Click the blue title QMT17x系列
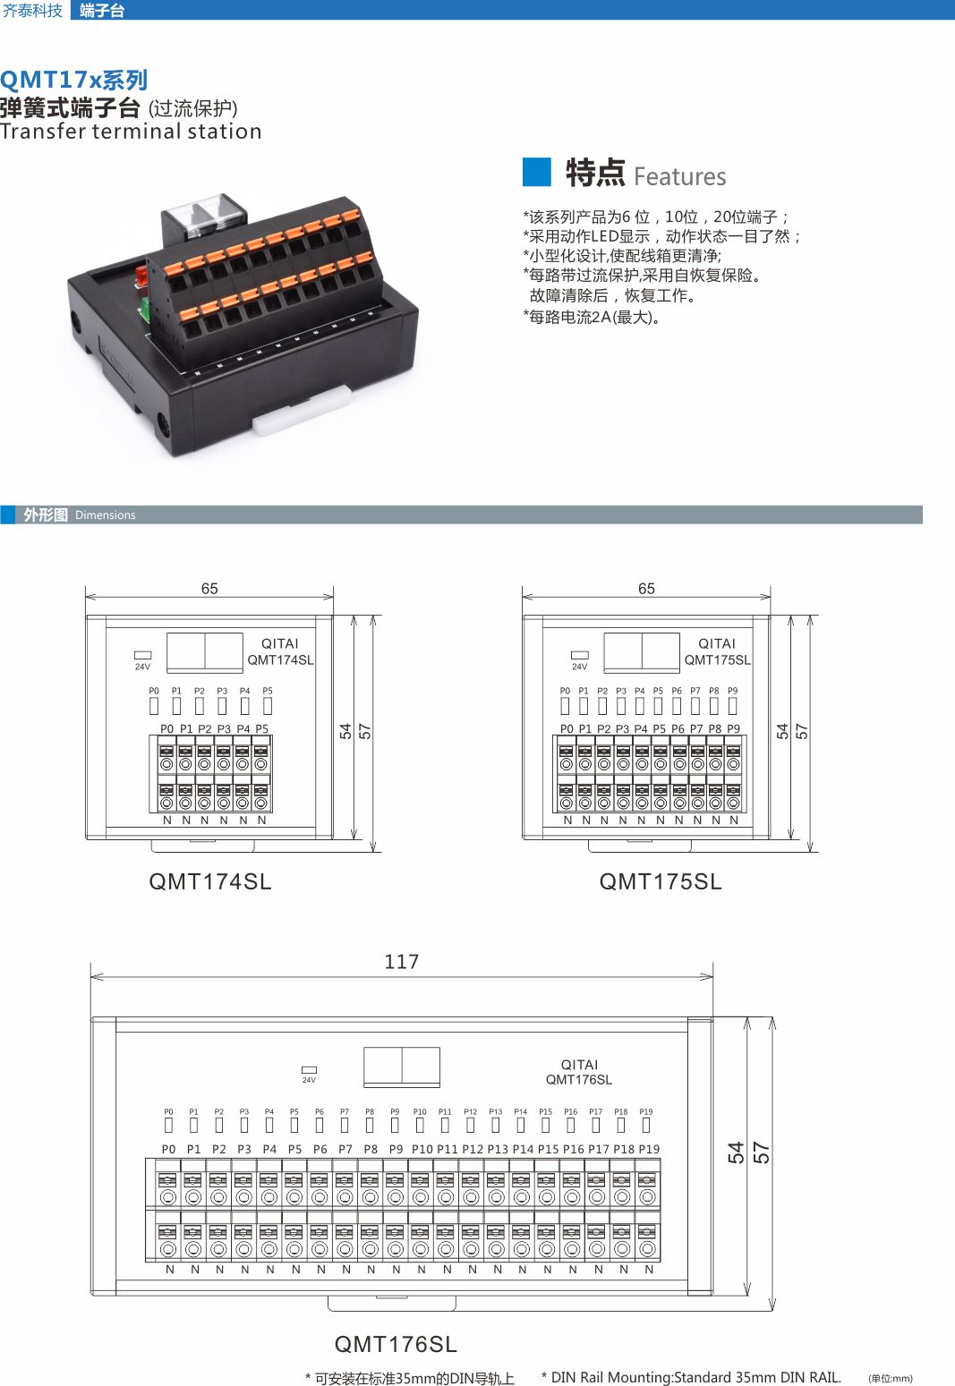click(73, 81)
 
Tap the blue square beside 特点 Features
click(536, 172)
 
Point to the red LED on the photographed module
click(141, 275)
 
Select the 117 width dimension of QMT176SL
click(401, 962)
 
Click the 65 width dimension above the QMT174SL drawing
click(209, 589)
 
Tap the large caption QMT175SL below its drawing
click(661, 882)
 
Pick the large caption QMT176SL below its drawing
click(396, 1344)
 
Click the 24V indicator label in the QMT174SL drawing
click(142, 667)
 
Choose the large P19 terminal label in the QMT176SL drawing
click(649, 1149)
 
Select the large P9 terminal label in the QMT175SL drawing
click(733, 729)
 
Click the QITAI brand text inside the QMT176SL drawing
click(579, 1065)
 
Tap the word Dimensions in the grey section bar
click(106, 515)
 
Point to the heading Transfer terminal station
click(131, 132)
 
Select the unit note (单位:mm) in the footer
click(890, 1378)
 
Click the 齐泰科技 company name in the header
click(33, 11)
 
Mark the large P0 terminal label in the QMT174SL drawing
click(166, 729)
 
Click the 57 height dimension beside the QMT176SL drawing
click(762, 1152)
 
